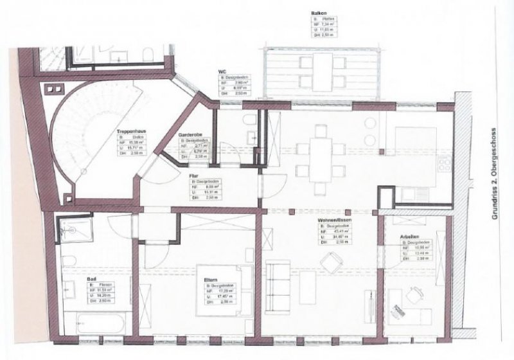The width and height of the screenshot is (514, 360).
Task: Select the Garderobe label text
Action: click(x=191, y=135)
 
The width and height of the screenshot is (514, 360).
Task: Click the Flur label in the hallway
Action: click(x=193, y=175)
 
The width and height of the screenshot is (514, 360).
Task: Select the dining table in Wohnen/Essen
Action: click(x=319, y=160)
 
